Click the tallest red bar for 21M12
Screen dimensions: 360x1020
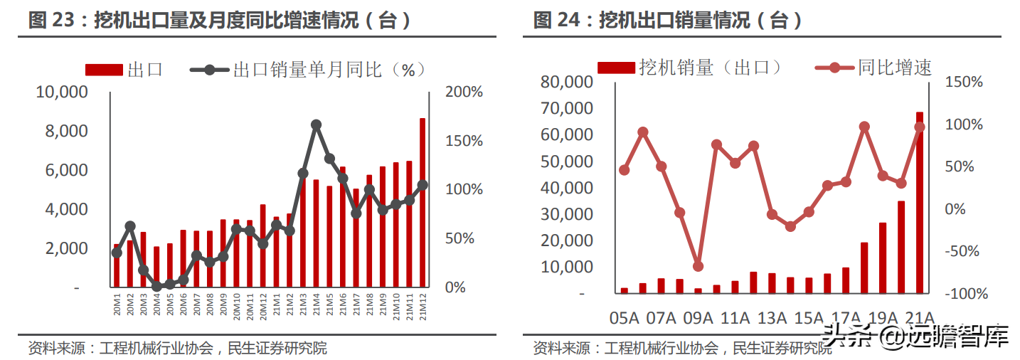[x=423, y=203]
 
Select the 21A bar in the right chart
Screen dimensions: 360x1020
[x=919, y=203]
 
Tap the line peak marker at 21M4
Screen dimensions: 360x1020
[x=317, y=125]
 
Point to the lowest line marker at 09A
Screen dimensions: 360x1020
[x=698, y=266]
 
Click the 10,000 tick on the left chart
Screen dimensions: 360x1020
[x=63, y=92]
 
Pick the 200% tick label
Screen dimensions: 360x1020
[x=464, y=92]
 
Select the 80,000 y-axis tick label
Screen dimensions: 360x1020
[x=566, y=82]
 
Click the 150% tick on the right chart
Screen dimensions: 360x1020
[x=964, y=83]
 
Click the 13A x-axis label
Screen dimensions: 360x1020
[x=771, y=318]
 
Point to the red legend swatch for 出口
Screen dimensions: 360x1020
[x=105, y=70]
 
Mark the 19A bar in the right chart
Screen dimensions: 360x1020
[x=882, y=258]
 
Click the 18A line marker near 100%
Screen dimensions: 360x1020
[x=864, y=127]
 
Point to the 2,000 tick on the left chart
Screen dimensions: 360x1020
[x=65, y=249]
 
